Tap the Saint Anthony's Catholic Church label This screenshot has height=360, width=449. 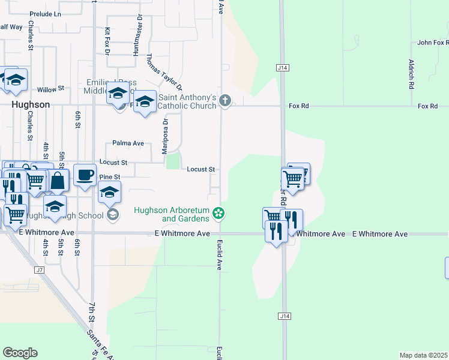[x=187, y=101]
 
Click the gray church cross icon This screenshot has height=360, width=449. [x=225, y=100]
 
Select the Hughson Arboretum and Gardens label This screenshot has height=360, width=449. [x=171, y=214]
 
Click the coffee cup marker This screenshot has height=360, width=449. [x=85, y=175]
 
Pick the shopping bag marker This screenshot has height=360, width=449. [x=58, y=179]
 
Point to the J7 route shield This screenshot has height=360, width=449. [x=39, y=270]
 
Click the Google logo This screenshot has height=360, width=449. [x=20, y=353]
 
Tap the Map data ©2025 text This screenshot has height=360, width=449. [x=424, y=355]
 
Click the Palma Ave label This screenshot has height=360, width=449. [x=128, y=143]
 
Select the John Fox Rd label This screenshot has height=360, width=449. [x=433, y=43]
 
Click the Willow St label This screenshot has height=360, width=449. [x=50, y=89]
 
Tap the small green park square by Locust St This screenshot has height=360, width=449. [x=173, y=161]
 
